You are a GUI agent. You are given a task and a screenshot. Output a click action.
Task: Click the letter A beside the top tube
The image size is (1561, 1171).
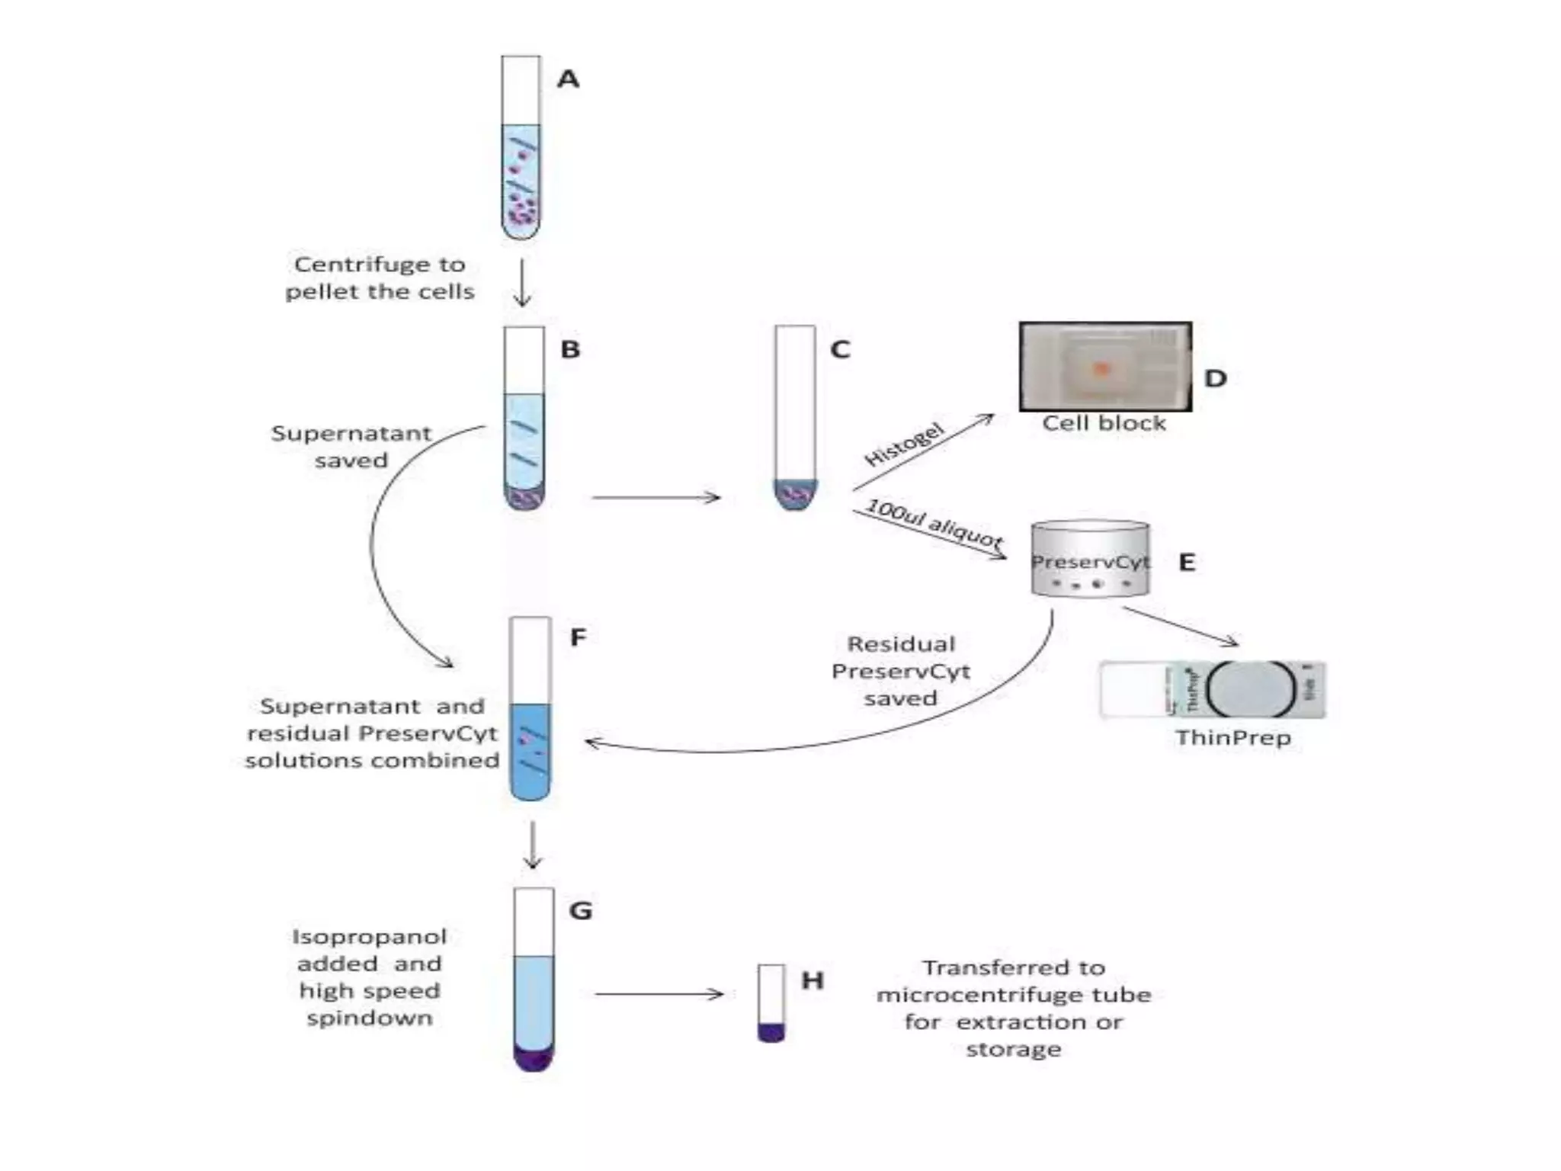pos(568,79)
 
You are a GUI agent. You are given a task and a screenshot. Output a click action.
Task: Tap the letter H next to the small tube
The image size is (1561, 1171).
pos(813,980)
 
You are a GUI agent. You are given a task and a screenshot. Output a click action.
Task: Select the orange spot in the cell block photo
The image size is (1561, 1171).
pos(1101,370)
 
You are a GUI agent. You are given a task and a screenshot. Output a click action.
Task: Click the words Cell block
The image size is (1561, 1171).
pos(1104,423)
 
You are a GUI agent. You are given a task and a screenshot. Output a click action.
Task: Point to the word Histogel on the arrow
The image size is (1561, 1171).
pos(905,444)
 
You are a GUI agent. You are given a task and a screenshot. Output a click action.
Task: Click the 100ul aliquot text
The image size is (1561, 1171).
pos(934,524)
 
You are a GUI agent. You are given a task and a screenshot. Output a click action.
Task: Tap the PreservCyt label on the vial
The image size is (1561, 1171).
pos(1090,562)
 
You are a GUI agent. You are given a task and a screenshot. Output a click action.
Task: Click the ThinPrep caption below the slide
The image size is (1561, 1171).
pos(1232,738)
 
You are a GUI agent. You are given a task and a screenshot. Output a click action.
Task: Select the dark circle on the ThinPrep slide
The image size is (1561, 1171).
pos(1251,689)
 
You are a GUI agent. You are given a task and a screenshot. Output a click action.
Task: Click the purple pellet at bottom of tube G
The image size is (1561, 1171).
pos(534,1058)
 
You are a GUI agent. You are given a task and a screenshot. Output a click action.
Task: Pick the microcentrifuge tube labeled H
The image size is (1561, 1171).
pos(771,1003)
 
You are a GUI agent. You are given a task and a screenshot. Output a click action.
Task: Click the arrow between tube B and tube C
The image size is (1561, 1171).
pos(655,498)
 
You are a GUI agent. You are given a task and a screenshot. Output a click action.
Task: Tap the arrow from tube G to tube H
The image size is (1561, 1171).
pos(659,994)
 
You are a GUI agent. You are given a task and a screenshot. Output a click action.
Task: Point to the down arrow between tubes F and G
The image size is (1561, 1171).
pos(533,845)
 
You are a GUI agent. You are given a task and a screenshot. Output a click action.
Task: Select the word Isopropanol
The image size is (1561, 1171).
pos(369,937)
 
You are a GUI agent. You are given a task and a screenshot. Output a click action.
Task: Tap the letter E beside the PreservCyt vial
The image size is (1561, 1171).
pos(1187,563)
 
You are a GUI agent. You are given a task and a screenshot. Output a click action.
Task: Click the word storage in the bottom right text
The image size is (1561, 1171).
pos(1013,1050)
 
